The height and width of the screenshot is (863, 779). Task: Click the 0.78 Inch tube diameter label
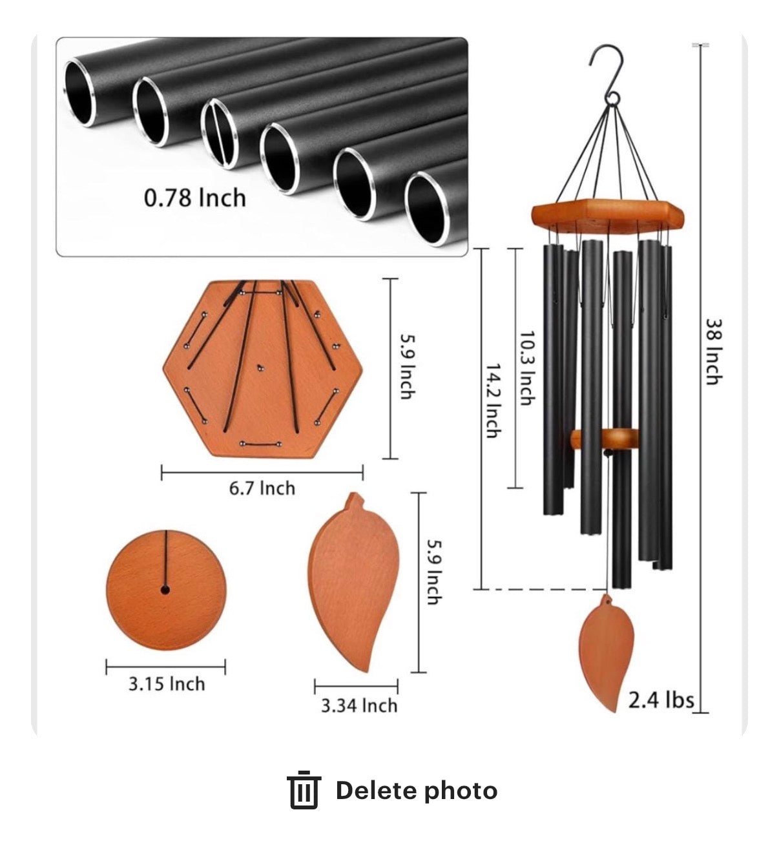coord(195,198)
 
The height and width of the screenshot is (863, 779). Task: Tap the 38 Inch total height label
coord(714,352)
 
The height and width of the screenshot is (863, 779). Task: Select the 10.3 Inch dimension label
coord(528,368)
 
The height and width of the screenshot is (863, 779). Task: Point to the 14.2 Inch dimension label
coord(493,401)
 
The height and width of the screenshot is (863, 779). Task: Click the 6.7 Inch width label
coord(262,488)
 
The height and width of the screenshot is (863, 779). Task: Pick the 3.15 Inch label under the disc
coord(167,684)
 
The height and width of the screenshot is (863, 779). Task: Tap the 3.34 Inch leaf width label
coord(359,706)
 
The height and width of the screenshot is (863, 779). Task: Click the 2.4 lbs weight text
coord(661,700)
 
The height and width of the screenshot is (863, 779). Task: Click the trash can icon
coord(304,790)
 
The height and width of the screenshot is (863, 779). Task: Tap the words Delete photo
coord(417,791)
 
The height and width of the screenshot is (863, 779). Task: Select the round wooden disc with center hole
coord(166,590)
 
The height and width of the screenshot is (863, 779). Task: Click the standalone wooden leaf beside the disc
coord(353,583)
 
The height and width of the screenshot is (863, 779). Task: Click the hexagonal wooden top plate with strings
coord(262,369)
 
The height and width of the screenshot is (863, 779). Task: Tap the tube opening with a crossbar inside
coord(220,133)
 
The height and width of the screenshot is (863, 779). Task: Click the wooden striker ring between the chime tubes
coord(605,439)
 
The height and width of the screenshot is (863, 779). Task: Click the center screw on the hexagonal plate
coord(260,368)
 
